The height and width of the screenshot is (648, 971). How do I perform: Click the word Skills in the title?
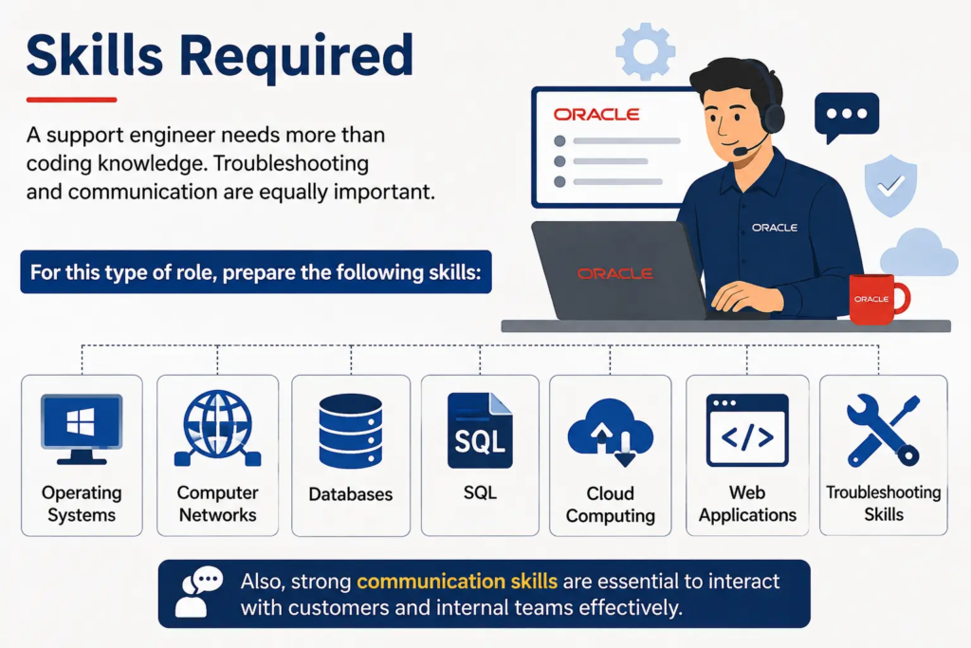click(94, 55)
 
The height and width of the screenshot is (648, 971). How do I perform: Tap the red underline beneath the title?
click(71, 99)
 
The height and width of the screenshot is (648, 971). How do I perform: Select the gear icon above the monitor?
click(645, 51)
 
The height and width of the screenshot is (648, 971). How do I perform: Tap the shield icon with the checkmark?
click(890, 185)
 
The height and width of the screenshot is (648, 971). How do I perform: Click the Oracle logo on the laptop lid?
click(614, 273)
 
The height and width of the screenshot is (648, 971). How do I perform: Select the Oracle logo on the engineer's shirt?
click(774, 228)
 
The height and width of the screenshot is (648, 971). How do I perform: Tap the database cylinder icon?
click(351, 431)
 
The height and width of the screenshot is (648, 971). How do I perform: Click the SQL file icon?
click(480, 430)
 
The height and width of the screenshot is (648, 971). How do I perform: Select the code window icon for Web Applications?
click(747, 430)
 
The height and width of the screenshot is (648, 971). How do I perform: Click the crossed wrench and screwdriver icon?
click(883, 430)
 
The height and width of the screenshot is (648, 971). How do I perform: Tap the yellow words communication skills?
click(457, 581)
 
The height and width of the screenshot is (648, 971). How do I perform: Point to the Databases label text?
click(351, 493)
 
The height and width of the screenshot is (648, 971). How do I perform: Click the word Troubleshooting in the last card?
click(884, 491)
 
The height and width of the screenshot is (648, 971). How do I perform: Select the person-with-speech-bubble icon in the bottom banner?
click(198, 592)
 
